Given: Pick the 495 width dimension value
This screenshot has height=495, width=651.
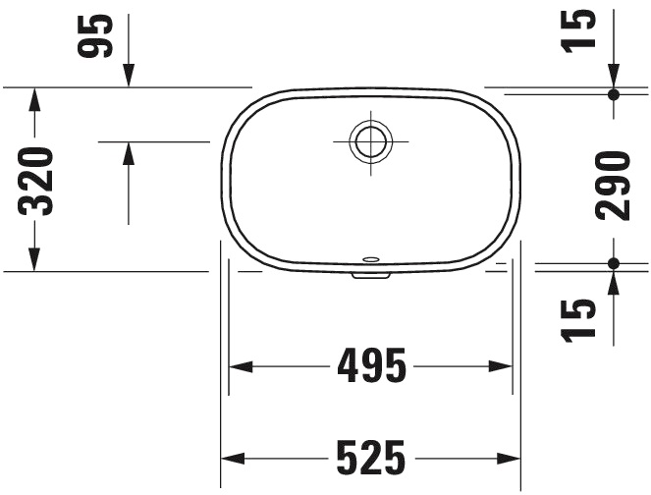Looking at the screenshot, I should tap(370, 366).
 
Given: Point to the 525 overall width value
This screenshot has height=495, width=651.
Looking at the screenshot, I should tap(370, 458).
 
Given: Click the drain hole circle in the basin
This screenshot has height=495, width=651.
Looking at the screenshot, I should tap(370, 141).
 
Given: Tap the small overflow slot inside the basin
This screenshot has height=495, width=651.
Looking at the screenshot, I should tap(371, 260).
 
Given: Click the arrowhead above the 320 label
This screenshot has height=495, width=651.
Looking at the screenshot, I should tap(35, 99).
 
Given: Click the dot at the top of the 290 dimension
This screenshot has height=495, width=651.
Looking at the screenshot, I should tap(614, 94).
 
